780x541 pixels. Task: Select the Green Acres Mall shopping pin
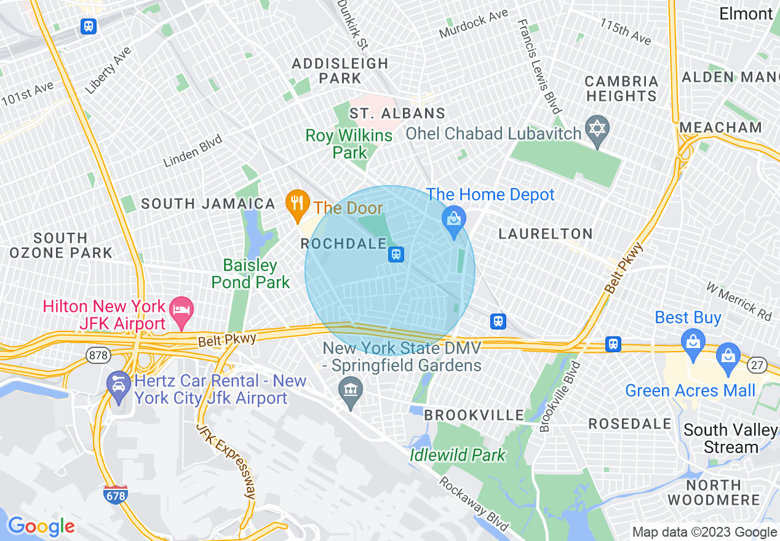pyautogui.click(x=728, y=358)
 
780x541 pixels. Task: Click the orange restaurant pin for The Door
pyautogui.click(x=297, y=204)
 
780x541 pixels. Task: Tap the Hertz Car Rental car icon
pyautogui.click(x=117, y=384)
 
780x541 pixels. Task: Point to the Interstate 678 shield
pyautogui.click(x=116, y=494)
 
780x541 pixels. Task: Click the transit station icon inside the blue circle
pyautogui.click(x=396, y=254)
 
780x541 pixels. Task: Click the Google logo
pyautogui.click(x=41, y=526)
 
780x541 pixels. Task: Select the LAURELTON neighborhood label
pyautogui.click(x=545, y=234)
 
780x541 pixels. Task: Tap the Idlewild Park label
pyautogui.click(x=458, y=455)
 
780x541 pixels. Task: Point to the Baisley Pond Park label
pyautogui.click(x=250, y=274)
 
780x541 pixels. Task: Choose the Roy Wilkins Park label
pyautogui.click(x=349, y=144)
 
